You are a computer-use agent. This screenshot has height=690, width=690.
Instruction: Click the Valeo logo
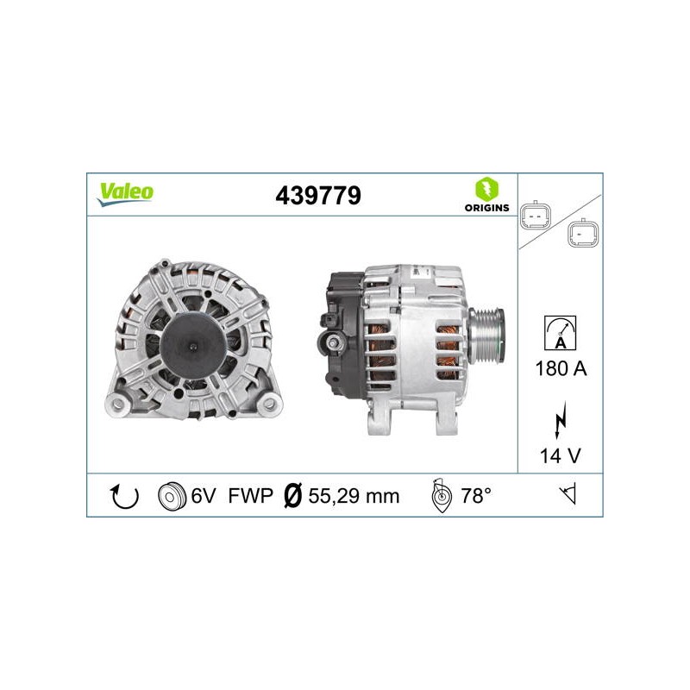pos(125,194)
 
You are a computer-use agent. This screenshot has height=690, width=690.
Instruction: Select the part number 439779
pos(318,196)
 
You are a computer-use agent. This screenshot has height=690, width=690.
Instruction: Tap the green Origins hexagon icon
pos(486,189)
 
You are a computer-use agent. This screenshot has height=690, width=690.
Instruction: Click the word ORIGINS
pos(486,208)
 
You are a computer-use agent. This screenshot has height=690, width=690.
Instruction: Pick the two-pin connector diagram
pos(536,215)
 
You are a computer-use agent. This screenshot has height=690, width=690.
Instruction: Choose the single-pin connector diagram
pos(583,233)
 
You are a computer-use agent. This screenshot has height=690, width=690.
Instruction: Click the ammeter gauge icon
pos(560,333)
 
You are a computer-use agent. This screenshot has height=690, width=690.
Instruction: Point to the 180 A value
pos(561,368)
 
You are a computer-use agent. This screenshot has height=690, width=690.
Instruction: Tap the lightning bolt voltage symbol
pos(560,420)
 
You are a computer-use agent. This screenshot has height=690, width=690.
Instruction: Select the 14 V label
pos(560,455)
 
